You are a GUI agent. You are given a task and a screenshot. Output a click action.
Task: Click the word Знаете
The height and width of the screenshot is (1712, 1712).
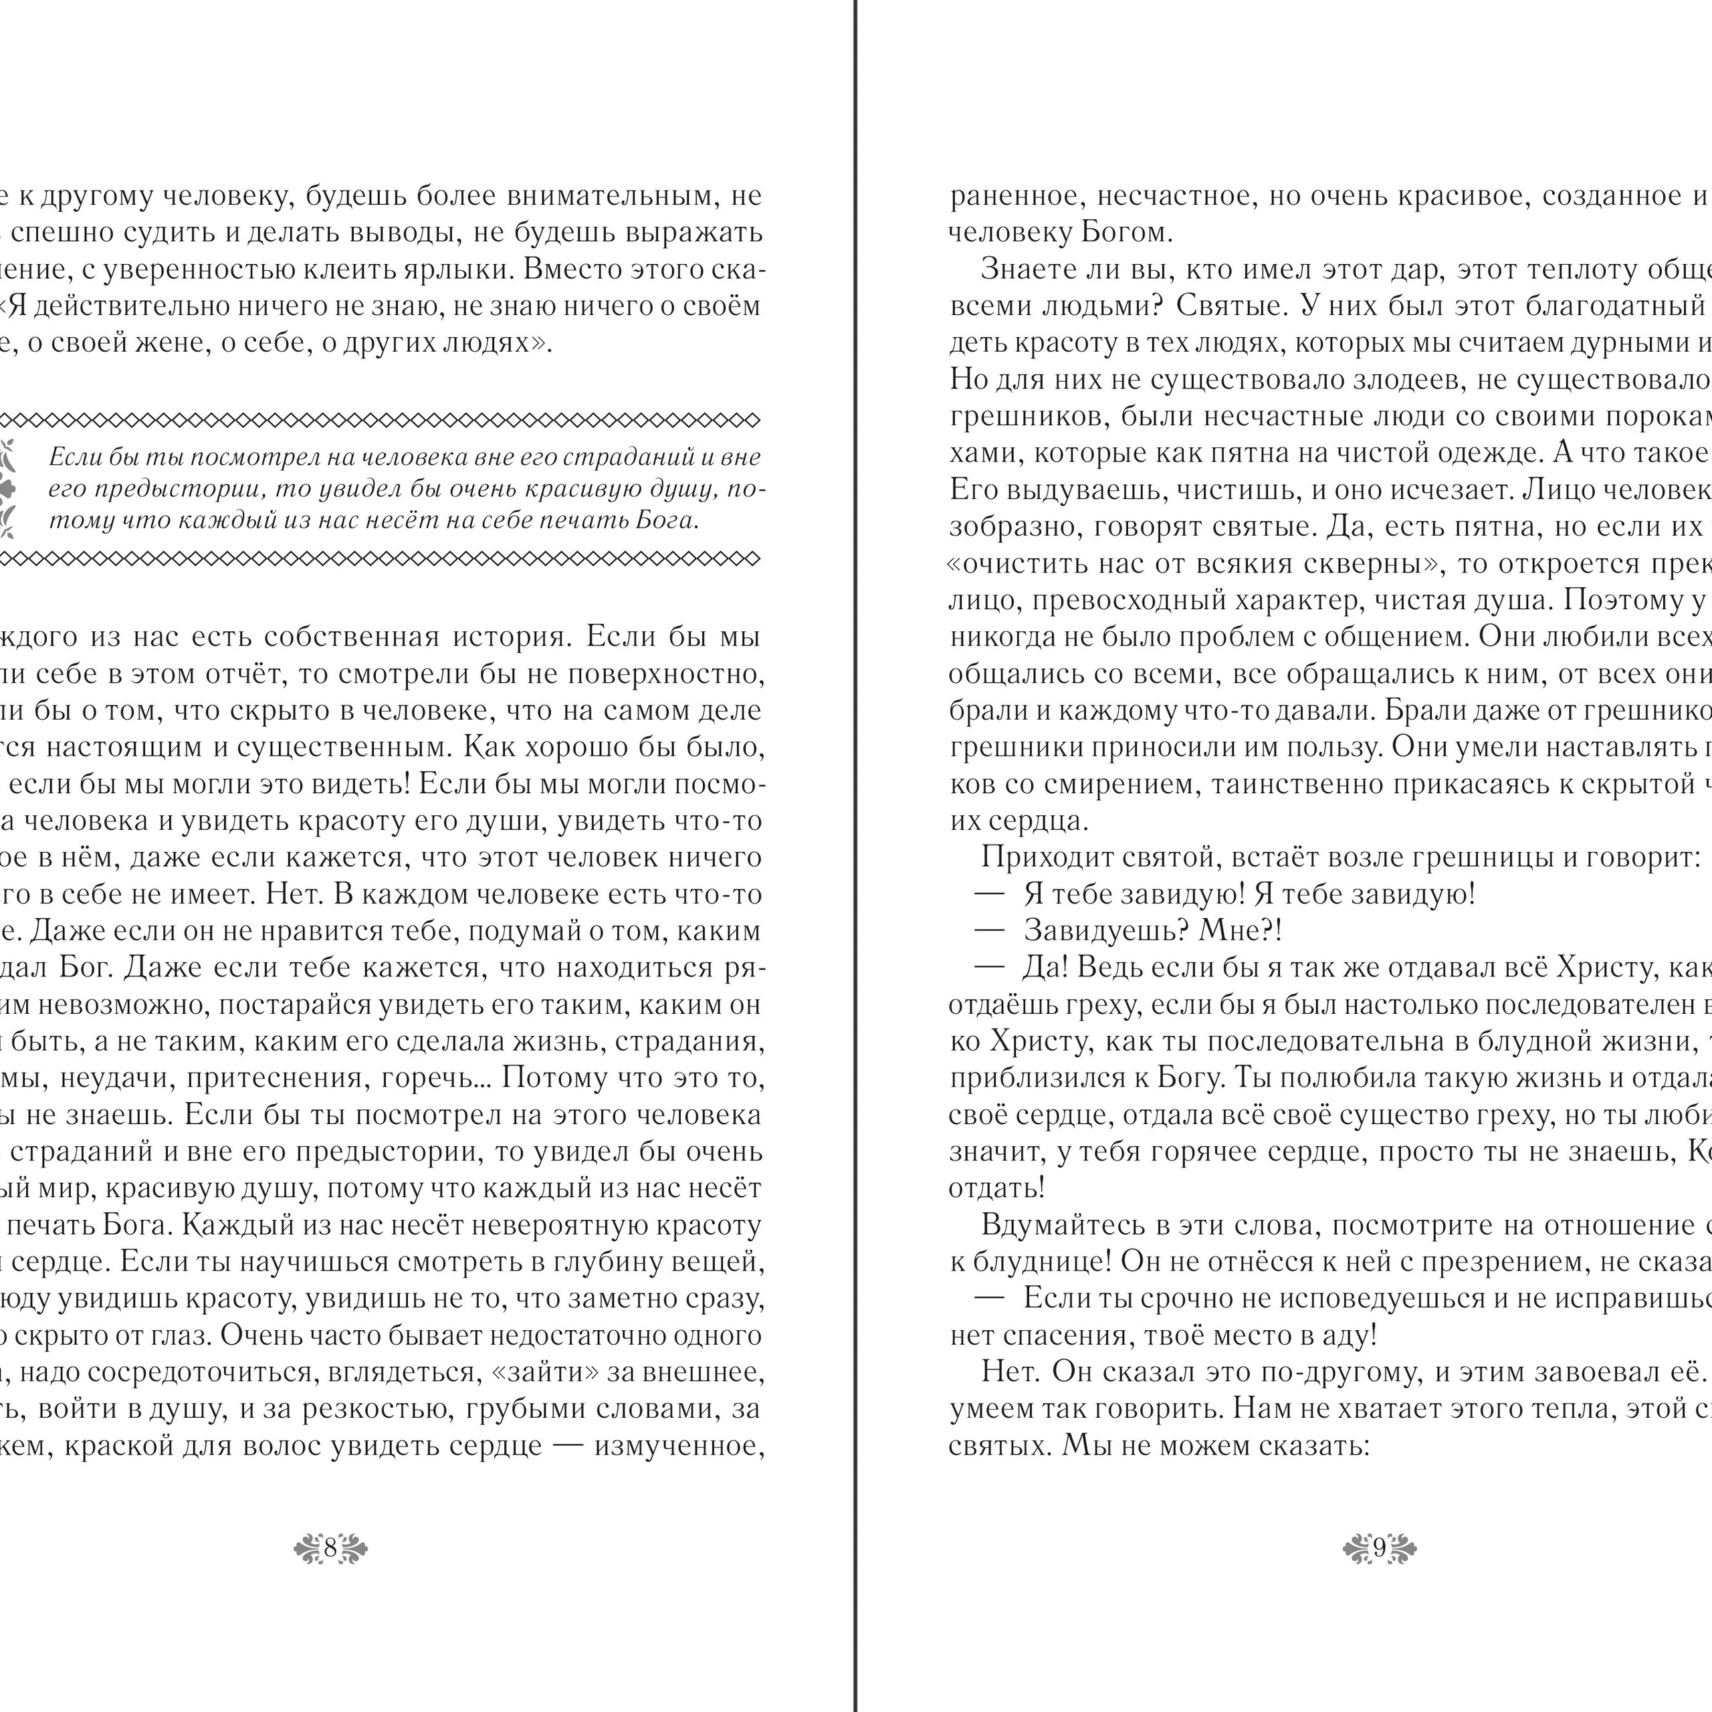point(1029,270)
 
